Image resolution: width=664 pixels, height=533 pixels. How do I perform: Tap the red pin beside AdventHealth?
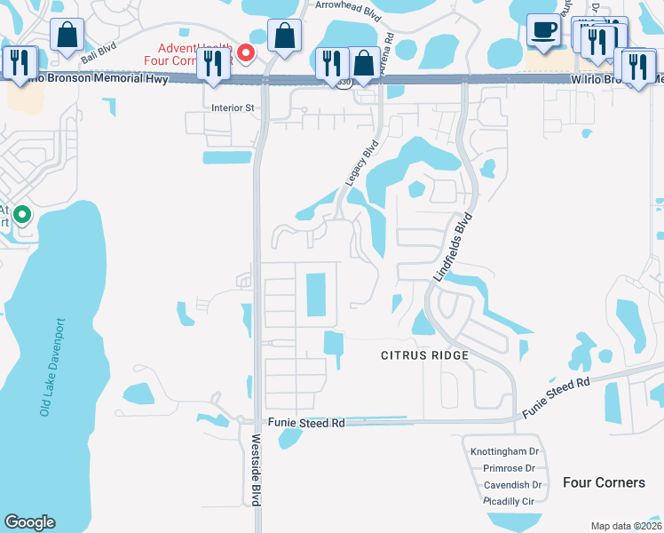coord(252,52)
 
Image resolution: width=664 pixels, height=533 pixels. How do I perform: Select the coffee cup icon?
coord(542,30)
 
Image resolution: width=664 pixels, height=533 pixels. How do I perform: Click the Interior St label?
coord(233,108)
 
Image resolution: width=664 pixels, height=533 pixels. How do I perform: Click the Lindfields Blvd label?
coord(452,248)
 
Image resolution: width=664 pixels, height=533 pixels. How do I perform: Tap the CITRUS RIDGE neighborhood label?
coord(424,355)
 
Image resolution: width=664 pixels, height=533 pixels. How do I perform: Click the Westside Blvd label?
coord(256,469)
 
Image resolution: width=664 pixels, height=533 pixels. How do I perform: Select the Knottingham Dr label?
coord(510,451)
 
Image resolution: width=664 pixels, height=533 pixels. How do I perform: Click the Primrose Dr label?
coord(509,468)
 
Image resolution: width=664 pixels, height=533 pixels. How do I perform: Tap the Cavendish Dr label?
coord(512,485)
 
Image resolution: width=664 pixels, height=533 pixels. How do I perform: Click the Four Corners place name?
coord(604,482)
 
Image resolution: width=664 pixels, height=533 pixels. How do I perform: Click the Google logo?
coord(30,522)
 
